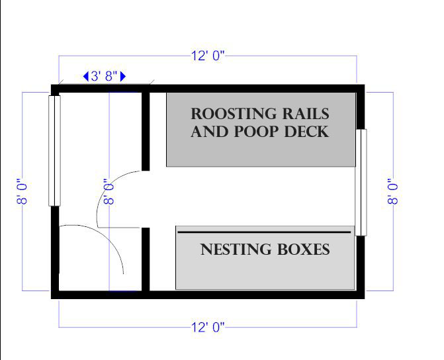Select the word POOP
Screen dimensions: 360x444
256,131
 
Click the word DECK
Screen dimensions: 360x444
306,131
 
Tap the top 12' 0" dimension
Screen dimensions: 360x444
208,56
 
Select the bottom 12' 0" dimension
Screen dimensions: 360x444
208,326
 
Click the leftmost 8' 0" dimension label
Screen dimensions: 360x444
23,191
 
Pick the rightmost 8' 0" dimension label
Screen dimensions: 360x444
394,191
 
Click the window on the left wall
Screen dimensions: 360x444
54,151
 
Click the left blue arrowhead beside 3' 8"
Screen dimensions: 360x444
86,77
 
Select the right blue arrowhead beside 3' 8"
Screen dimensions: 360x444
123,77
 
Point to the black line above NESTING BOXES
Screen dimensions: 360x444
263,232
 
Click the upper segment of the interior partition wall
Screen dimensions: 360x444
146,131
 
